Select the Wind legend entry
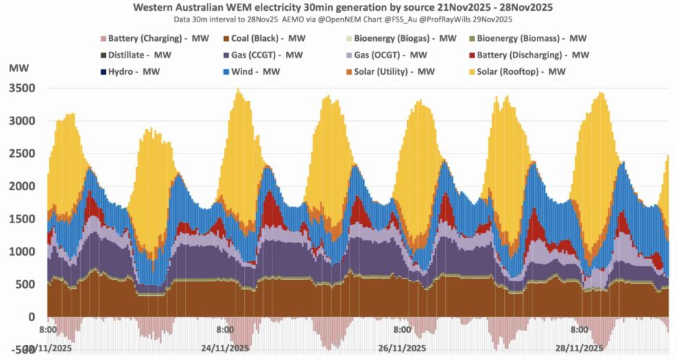[x=252, y=71]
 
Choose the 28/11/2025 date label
[x=579, y=348]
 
